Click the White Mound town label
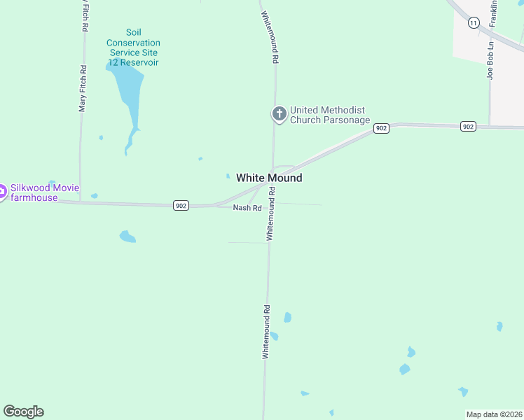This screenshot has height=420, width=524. tap(269, 178)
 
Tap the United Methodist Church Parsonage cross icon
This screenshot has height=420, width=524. tap(279, 114)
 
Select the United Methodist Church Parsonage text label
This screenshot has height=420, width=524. tap(329, 115)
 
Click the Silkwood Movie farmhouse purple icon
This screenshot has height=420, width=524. tap(2, 190)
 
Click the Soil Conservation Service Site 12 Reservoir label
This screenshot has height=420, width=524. tap(133, 48)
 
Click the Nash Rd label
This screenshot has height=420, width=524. tap(247, 208)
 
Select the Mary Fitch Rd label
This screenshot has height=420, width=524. tap(83, 89)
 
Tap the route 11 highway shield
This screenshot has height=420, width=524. tap(474, 23)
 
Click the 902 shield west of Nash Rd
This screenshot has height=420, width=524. tap(181, 205)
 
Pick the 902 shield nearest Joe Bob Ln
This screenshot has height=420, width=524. tap(469, 127)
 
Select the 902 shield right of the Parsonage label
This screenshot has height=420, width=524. tap(381, 129)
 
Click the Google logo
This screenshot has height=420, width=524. tap(23, 412)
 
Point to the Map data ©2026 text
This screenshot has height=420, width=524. tap(494, 414)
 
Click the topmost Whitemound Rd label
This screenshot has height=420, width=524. tap(270, 38)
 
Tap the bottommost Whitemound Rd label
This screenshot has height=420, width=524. tap(266, 332)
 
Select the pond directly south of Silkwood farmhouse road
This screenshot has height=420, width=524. tap(127, 237)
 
